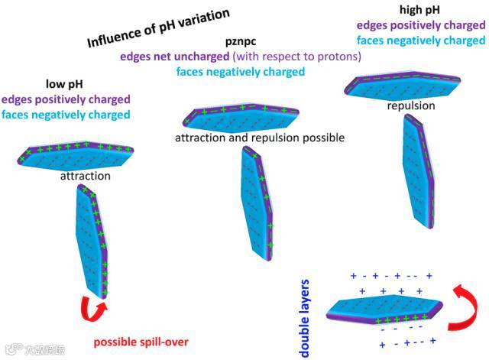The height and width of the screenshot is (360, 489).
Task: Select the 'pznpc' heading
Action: [241, 43]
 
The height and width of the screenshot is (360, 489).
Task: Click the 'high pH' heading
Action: [419, 11]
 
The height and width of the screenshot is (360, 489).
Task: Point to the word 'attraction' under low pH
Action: [86, 177]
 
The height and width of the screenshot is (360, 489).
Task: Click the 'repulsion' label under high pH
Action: [411, 105]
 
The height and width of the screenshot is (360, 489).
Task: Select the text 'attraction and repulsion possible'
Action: [260, 138]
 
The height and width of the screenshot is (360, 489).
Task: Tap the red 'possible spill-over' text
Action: [141, 342]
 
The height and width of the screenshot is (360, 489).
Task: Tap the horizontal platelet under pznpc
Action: [240, 118]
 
